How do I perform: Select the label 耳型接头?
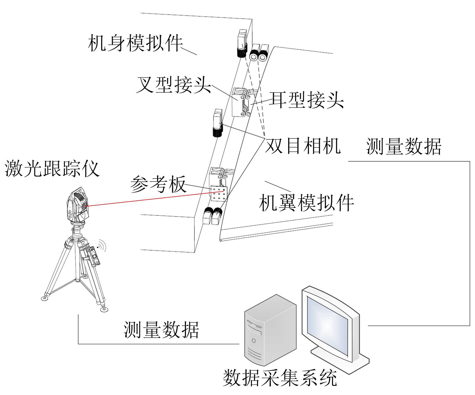[x=306, y=100]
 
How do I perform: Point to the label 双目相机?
[x=303, y=146]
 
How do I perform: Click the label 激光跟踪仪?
[x=52, y=168]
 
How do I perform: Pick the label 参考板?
[x=158, y=184]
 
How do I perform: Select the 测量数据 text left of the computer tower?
[x=161, y=330]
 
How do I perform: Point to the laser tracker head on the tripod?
[x=78, y=207]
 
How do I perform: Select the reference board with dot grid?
[x=219, y=193]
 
